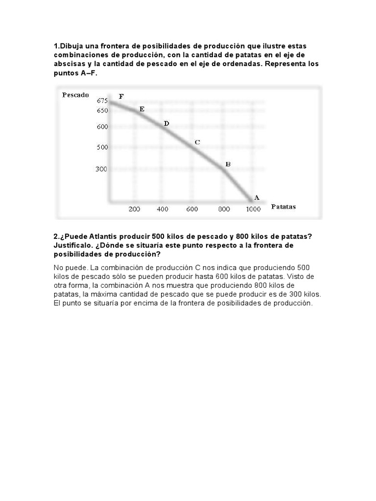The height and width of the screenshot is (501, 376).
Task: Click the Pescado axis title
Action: tap(75, 95)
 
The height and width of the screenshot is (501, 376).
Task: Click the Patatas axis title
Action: tap(283, 207)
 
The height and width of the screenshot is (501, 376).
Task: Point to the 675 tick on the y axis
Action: tap(102, 100)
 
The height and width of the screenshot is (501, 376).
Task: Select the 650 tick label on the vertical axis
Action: tap(102, 111)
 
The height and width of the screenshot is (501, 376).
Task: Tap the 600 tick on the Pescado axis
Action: tap(102, 127)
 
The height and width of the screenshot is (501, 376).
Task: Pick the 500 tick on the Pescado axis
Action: tap(102, 147)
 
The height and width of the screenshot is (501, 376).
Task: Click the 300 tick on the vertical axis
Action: tap(102, 169)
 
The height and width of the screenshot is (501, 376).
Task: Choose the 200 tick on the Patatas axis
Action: tap(134, 209)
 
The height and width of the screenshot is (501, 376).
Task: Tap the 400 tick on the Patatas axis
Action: tap(163, 209)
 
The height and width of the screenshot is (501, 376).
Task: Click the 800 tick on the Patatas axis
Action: tap(224, 209)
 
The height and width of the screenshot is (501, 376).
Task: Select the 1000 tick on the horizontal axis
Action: tap(253, 209)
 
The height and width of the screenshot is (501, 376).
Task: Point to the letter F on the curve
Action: tap(121, 96)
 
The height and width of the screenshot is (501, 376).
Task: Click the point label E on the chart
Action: tap(142, 109)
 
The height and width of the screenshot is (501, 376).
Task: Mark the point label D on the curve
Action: tap(166, 124)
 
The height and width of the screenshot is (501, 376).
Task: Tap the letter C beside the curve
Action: tap(197, 142)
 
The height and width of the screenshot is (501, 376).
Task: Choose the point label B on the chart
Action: tap(228, 164)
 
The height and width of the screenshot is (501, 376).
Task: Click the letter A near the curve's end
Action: tap(256, 198)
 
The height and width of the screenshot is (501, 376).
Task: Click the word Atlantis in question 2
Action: tap(101, 236)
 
